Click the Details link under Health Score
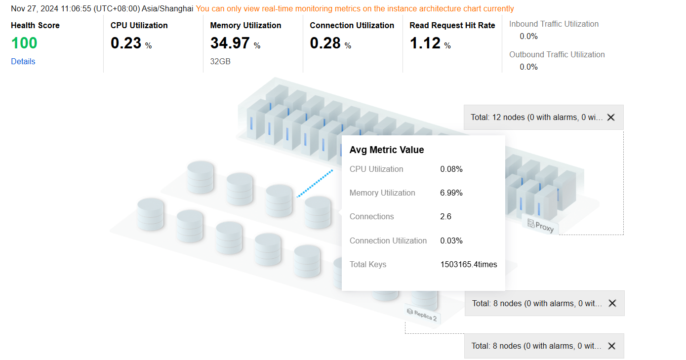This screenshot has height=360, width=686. coord(23,61)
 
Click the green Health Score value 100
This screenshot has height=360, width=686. coord(24,43)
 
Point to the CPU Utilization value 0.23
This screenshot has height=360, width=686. coord(126,43)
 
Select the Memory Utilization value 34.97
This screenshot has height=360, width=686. coord(230,43)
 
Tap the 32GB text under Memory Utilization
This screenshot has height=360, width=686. coord(220,61)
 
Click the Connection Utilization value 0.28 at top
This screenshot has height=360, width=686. coord(325,43)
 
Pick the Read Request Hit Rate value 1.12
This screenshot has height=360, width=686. coord(425,43)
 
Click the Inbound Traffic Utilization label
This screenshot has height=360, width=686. coord(554,24)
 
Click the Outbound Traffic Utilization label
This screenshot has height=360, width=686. coord(557,54)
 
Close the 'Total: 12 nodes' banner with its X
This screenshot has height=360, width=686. coord(611,118)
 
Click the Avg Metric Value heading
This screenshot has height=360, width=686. coord(387,150)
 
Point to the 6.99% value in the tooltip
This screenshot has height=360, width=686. coord(451,193)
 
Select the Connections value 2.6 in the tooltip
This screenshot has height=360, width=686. coord(445,216)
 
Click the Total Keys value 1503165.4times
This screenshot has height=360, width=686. coord(468,264)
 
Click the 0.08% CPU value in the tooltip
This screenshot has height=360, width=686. coord(451,169)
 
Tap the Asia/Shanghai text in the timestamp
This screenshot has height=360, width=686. coord(167,8)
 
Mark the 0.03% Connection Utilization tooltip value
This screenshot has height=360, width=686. coord(451,240)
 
